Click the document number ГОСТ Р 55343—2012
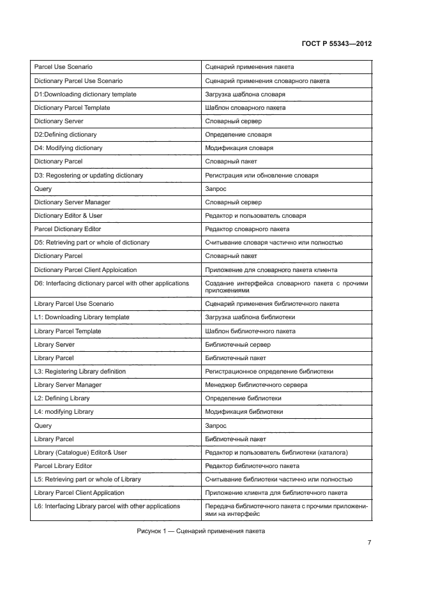(336, 44)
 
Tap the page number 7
(369, 543)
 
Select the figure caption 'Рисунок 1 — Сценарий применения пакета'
(200, 531)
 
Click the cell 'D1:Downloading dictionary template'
(85, 94)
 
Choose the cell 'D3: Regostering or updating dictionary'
(88, 176)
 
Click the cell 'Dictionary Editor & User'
(68, 216)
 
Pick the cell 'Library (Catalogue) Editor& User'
(80, 453)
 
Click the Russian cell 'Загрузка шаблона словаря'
(245, 94)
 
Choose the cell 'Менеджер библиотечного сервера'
(256, 385)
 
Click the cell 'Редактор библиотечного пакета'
(252, 466)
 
